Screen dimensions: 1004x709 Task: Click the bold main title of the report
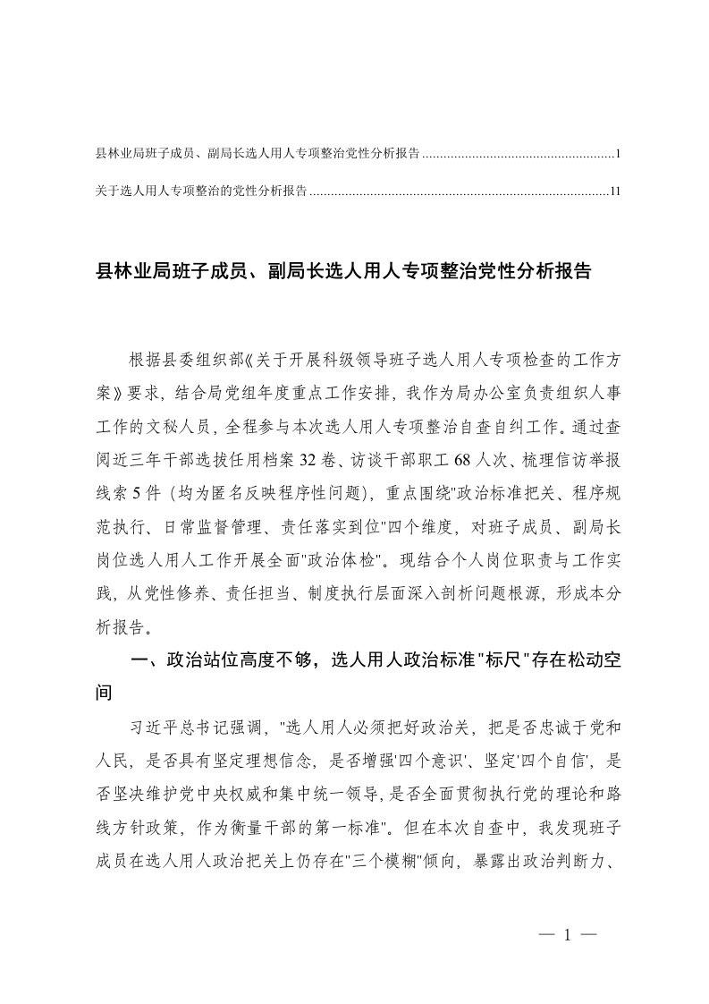343,271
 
